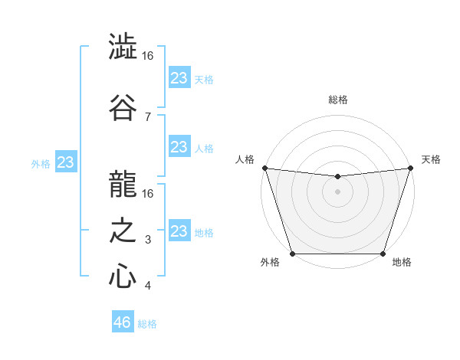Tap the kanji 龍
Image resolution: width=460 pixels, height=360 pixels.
coord(123,184)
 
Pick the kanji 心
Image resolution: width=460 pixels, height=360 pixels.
coord(123,277)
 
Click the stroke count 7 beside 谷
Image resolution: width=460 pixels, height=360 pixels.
coord(147,116)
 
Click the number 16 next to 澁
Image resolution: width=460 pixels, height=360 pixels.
coord(149,56)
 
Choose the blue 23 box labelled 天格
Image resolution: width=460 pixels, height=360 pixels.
coord(179,78)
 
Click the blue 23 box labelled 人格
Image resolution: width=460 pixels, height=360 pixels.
coord(179,147)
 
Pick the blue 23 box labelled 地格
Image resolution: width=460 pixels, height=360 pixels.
coord(179,231)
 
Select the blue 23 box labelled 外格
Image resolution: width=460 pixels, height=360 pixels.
coord(66,162)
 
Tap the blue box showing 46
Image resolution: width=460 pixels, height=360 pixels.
coord(122,322)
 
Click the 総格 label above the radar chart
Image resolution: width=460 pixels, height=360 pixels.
coord(337,100)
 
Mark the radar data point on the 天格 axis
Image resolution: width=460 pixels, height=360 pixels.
coord(410,168)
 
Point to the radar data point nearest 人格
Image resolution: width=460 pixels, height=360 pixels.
coord(264,168)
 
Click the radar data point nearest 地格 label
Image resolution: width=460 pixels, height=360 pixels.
coord(383,254)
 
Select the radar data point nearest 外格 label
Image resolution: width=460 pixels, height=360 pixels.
coord(292,254)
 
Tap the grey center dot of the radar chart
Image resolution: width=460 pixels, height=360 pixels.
coord(337,191)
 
